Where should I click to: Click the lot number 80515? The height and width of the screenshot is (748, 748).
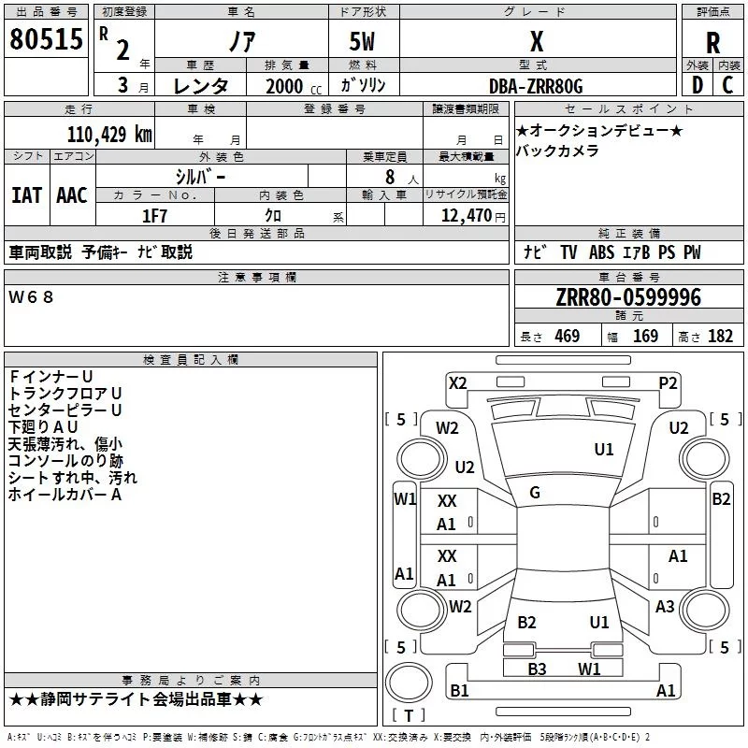[46, 39]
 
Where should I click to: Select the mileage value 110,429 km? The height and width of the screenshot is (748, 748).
[109, 135]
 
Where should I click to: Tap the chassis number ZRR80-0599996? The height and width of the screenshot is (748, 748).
[628, 297]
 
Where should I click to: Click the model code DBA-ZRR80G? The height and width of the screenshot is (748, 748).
[536, 86]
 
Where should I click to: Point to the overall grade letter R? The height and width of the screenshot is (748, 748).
[712, 43]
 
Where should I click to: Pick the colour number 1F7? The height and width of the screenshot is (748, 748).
[154, 216]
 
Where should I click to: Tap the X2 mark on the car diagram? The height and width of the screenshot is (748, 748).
[457, 383]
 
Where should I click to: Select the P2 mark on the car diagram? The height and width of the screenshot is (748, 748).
[668, 383]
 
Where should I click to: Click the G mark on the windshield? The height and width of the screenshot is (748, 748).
[535, 493]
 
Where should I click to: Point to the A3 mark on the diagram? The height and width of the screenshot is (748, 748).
[665, 606]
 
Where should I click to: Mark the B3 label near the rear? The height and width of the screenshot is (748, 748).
[537, 669]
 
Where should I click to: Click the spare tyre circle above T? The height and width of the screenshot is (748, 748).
[409, 683]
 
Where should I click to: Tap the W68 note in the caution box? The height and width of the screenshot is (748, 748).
[31, 297]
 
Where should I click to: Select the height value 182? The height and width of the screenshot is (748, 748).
[720, 336]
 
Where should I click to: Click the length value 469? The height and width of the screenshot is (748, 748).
[568, 336]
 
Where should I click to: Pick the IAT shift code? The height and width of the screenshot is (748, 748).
[26, 195]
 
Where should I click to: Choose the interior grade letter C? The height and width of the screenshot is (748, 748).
[727, 85]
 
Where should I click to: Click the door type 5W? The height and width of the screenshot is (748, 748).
[362, 41]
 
